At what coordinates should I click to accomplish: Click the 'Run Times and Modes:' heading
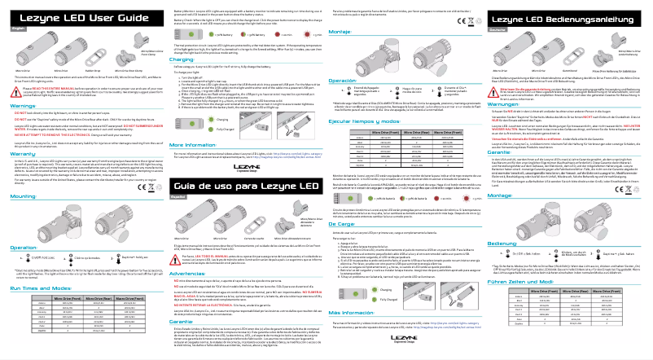(x=40, y=288)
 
